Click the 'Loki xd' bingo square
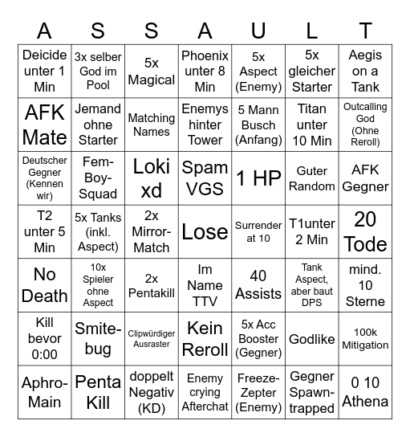(152, 178)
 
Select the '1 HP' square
(258, 178)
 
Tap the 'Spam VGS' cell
(205, 178)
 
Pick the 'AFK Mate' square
(45, 124)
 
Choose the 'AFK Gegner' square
(365, 178)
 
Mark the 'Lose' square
(205, 231)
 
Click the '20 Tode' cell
(365, 231)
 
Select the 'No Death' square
(45, 285)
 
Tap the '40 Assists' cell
(258, 285)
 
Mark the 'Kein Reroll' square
(205, 339)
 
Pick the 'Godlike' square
(311, 339)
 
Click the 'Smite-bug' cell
(98, 339)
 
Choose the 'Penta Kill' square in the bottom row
(98, 392)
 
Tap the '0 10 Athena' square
(365, 392)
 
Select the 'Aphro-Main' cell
(45, 392)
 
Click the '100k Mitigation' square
(365, 339)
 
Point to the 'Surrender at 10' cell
(258, 231)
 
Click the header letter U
(258, 31)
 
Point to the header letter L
(311, 31)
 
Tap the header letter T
(365, 31)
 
